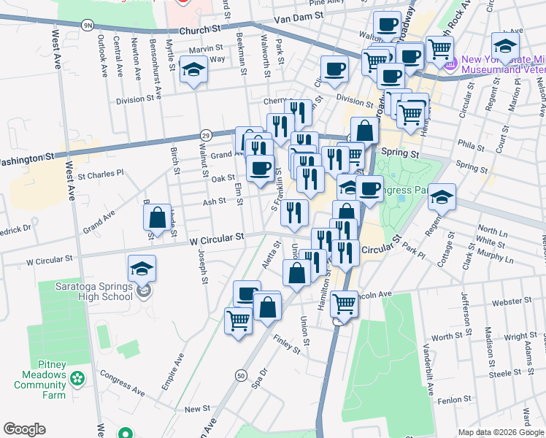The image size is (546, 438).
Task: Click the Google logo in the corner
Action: click(24, 429)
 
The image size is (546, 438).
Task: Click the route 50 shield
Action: click(240, 374)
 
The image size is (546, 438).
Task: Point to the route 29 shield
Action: click(206, 135)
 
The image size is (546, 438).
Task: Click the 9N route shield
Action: click(88, 25)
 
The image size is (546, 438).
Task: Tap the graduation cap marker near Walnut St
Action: click(193, 70)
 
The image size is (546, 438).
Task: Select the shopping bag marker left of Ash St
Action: click(157, 217)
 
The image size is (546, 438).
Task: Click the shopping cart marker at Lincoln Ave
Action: click(343, 302)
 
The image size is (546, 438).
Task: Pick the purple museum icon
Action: click(450, 64)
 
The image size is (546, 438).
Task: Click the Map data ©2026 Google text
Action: click(501, 432)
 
